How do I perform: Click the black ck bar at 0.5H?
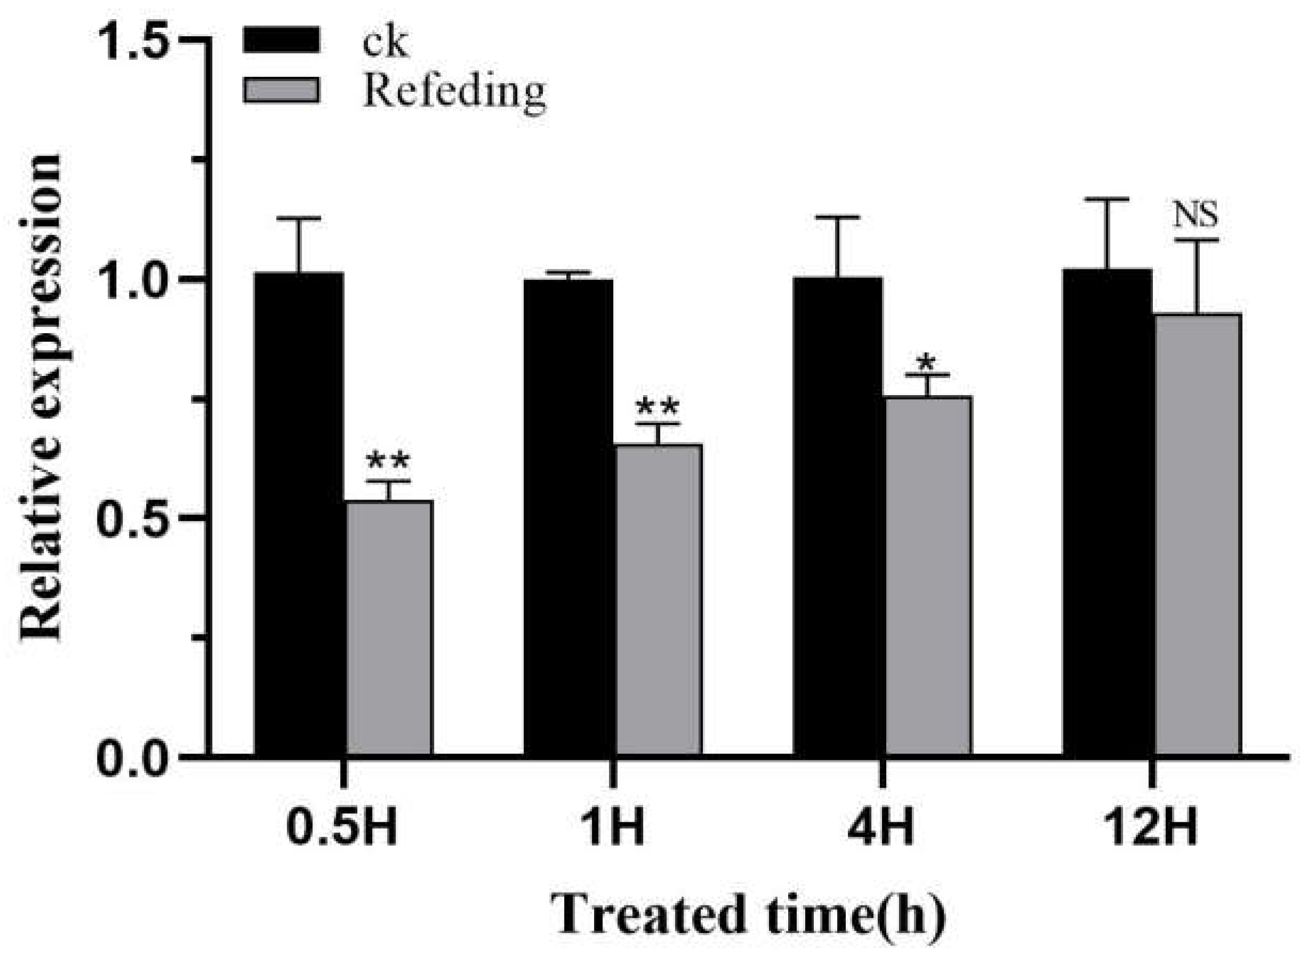(x=299, y=513)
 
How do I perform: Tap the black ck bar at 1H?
(x=568, y=517)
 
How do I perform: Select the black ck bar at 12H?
(x=1107, y=512)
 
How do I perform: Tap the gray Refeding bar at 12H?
(x=1197, y=534)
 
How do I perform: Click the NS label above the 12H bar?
(x=1195, y=215)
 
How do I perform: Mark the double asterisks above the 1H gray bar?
(x=657, y=406)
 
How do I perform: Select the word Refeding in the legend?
(x=454, y=92)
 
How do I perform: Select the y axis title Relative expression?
(x=41, y=396)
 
